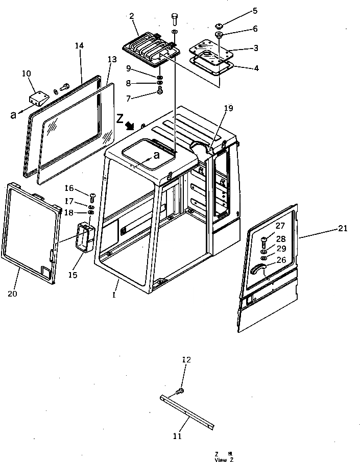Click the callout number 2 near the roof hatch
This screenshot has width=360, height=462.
click(x=132, y=16)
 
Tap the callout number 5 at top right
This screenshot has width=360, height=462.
click(x=255, y=10)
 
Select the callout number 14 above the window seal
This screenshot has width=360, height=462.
click(x=79, y=46)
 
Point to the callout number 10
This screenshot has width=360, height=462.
click(x=27, y=75)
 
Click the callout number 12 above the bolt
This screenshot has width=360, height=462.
click(x=186, y=360)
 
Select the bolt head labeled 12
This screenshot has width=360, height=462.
click(x=180, y=392)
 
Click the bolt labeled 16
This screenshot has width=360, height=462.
click(x=92, y=195)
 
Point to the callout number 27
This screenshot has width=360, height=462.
click(x=280, y=225)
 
